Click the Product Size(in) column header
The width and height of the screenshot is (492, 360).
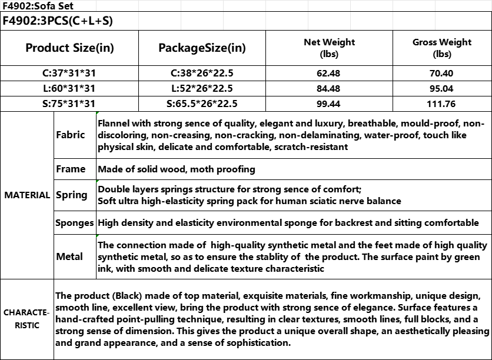point(69,48)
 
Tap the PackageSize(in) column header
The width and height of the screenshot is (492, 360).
point(202,48)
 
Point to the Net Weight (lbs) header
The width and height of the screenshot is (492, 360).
point(329,48)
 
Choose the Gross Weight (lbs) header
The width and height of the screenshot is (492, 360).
point(442,48)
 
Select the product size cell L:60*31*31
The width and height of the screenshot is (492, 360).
point(69,89)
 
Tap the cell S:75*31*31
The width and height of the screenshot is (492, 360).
point(69,104)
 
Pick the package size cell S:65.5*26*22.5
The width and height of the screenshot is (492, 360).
point(202,104)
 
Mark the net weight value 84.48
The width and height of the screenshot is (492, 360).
point(329,89)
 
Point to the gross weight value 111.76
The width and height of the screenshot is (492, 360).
point(442,104)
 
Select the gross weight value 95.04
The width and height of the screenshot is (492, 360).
point(442,89)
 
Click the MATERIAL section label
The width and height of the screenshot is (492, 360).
point(27,195)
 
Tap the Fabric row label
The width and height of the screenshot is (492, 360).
point(71,135)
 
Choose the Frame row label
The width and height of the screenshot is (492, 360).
point(71,169)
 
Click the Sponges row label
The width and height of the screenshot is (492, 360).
point(74,224)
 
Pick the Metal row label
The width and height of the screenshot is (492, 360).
point(69,256)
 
